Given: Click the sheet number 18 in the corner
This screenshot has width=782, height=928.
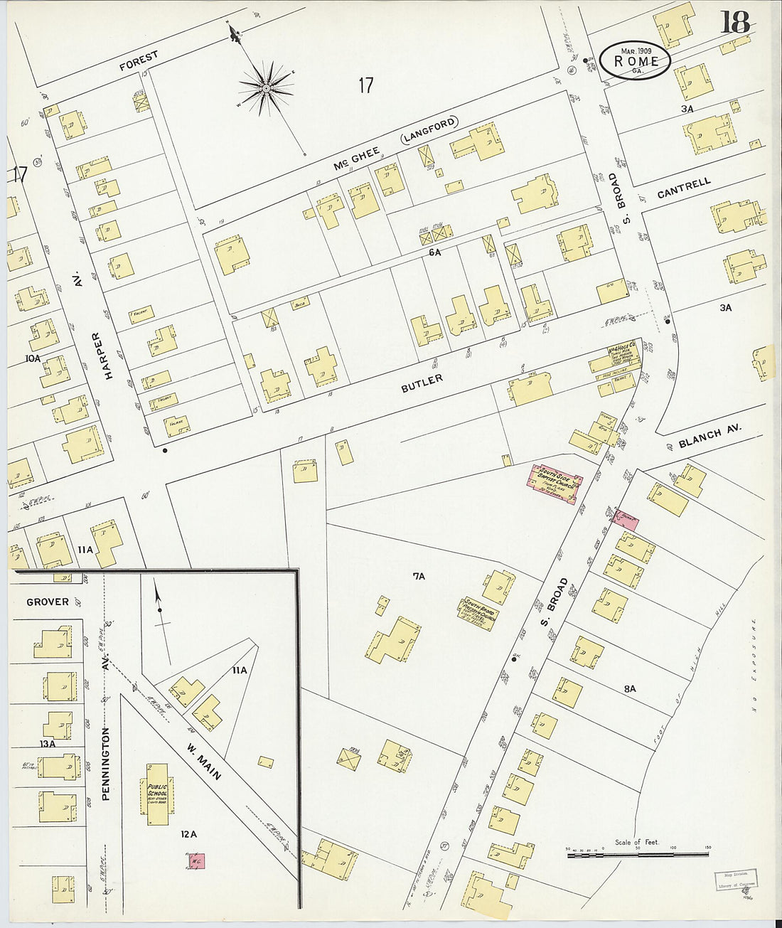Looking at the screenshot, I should (x=735, y=23).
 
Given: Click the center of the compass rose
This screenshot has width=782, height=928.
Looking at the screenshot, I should (x=266, y=88).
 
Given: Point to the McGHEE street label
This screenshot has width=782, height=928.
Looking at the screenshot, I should (x=353, y=155).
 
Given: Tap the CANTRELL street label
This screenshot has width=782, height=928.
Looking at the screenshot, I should (x=683, y=188).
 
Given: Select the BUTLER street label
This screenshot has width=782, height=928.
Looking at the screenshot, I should (x=422, y=383).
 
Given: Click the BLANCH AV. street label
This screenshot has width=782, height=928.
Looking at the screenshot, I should (x=709, y=437).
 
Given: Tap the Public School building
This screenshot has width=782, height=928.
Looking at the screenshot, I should (x=157, y=794).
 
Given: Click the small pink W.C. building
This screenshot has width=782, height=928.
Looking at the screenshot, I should (x=196, y=861).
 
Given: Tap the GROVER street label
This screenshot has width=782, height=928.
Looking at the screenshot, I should (x=48, y=602).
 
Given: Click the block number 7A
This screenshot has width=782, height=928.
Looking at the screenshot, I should (x=418, y=576).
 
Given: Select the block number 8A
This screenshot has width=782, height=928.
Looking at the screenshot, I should (x=629, y=688).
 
